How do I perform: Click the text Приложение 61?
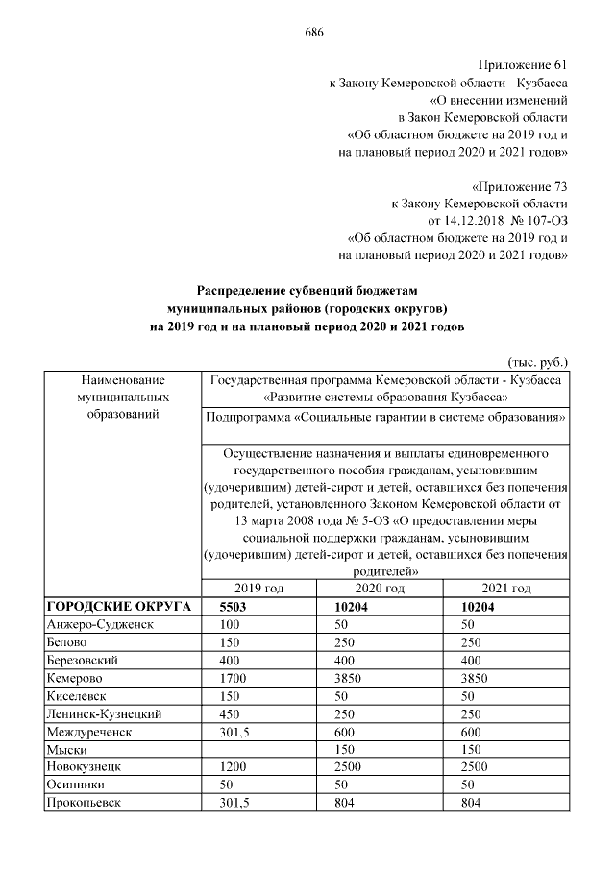[526, 64]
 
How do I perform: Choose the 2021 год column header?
[507, 589]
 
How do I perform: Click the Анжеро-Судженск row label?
[99, 624]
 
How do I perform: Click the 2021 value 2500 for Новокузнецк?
[477, 768]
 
